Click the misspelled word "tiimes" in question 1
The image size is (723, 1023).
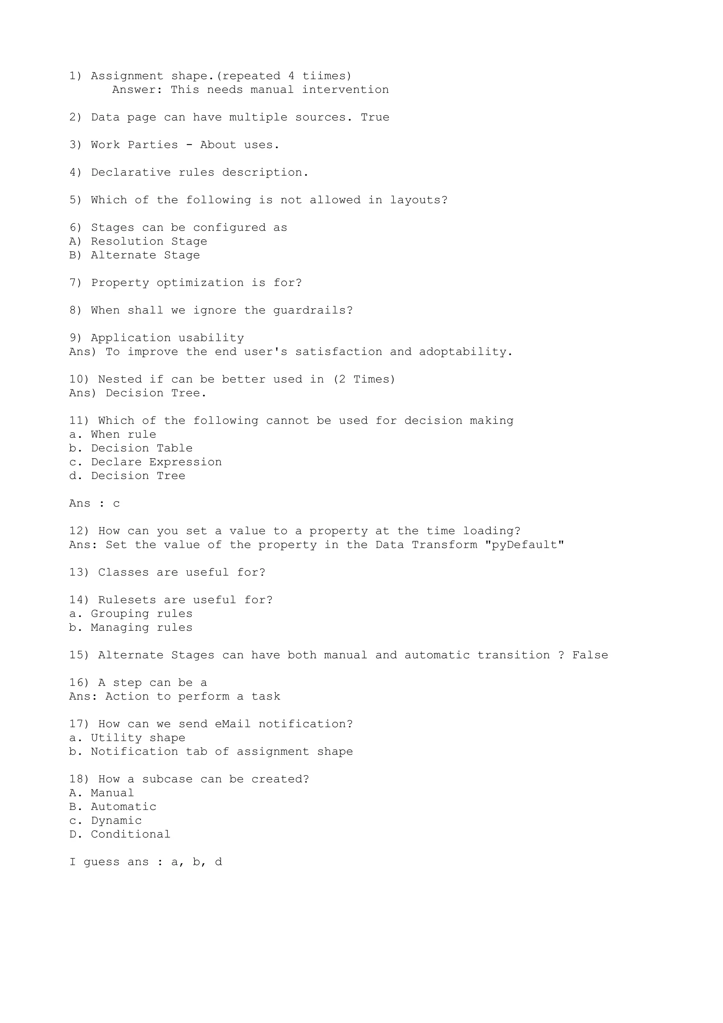tap(327, 76)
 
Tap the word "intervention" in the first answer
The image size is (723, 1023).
tap(345, 90)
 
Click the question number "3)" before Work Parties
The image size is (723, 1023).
tap(76, 145)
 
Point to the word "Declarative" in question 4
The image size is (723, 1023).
tap(131, 173)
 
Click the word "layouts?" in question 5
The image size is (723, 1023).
tap(419, 201)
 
